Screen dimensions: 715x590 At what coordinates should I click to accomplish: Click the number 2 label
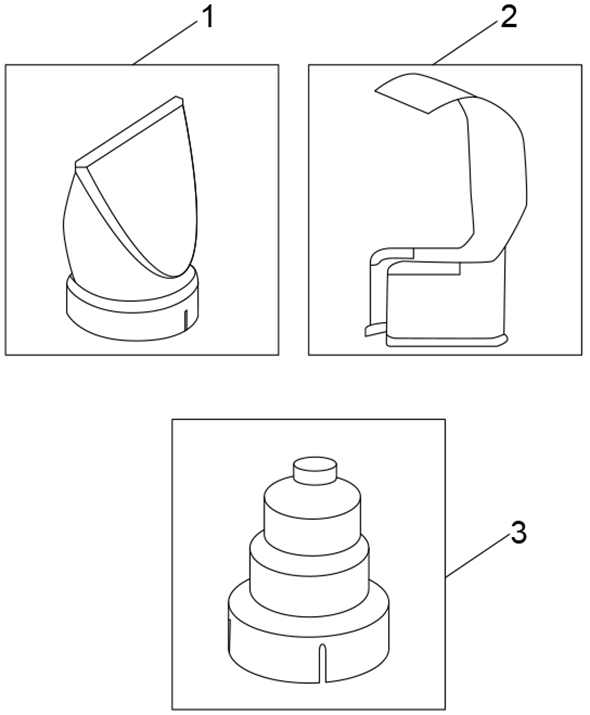click(x=509, y=17)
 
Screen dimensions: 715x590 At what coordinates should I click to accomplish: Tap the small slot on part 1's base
click(x=186, y=321)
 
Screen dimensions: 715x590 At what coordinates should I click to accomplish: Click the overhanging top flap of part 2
click(x=415, y=91)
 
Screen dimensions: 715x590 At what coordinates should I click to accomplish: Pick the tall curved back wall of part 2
click(x=497, y=180)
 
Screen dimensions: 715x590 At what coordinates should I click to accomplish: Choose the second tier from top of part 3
click(x=311, y=512)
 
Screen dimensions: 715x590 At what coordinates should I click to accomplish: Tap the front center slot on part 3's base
click(x=322, y=661)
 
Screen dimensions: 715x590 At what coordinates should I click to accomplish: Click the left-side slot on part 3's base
click(x=232, y=636)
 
